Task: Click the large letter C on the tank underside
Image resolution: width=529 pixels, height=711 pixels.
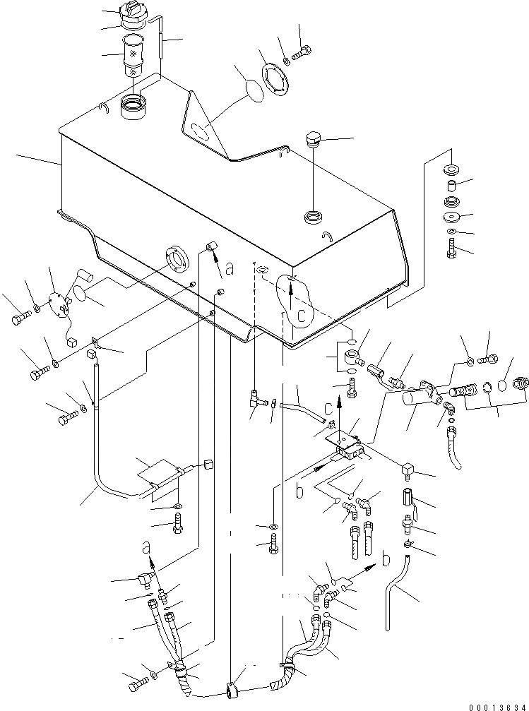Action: (x=302, y=316)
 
